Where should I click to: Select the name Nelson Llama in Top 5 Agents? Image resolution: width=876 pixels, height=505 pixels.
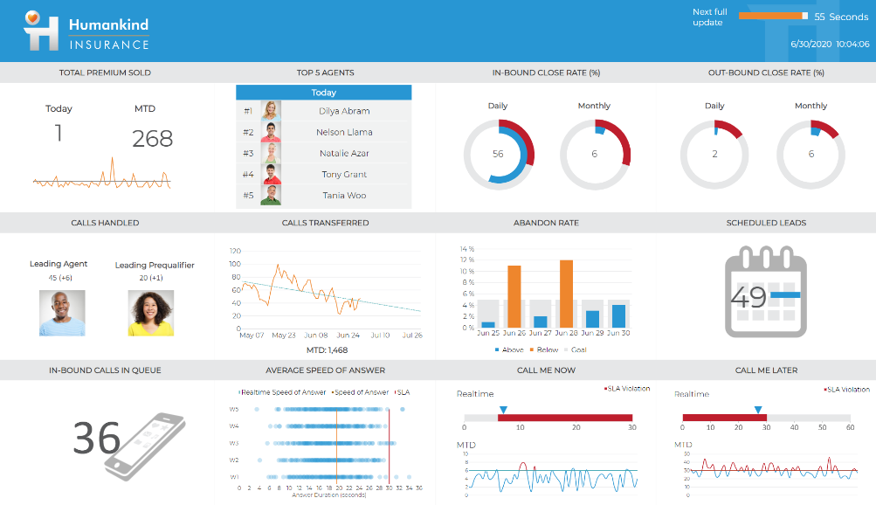344,132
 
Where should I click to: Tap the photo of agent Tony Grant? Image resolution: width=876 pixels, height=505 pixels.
271,174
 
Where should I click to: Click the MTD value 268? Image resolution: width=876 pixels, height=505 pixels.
153,138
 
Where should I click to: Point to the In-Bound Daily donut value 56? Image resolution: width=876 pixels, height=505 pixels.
498,154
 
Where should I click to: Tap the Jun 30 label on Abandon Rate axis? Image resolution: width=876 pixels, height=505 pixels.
618,334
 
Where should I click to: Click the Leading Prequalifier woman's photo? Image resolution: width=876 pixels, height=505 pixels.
151,313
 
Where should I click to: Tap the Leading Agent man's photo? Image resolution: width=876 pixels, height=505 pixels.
62,313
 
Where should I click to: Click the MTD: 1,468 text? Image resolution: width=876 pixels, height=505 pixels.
328,349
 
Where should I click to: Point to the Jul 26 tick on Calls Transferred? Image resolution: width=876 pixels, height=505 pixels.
411,335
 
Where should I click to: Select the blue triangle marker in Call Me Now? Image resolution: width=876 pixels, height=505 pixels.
502,409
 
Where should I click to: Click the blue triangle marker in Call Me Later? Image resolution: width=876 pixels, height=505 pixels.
757,409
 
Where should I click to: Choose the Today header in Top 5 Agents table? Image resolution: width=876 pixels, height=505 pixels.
323,93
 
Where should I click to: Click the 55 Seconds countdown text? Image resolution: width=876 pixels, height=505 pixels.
841,17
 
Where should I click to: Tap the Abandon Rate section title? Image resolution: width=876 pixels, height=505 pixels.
546,223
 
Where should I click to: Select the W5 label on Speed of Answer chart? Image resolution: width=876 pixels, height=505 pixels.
234,409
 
